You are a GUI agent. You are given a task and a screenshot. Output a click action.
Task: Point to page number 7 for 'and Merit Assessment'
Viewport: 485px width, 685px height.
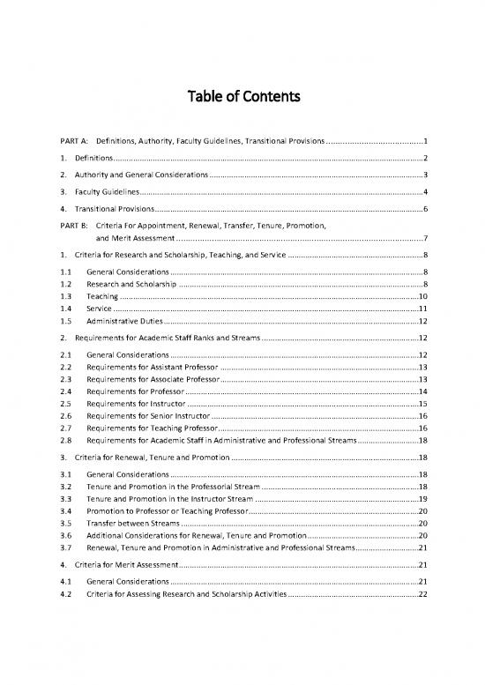[425, 238]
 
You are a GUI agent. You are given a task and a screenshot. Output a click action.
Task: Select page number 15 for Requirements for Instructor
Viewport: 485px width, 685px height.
[422, 403]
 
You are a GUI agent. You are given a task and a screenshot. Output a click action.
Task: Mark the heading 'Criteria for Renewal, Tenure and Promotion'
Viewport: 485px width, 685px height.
[151, 458]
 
